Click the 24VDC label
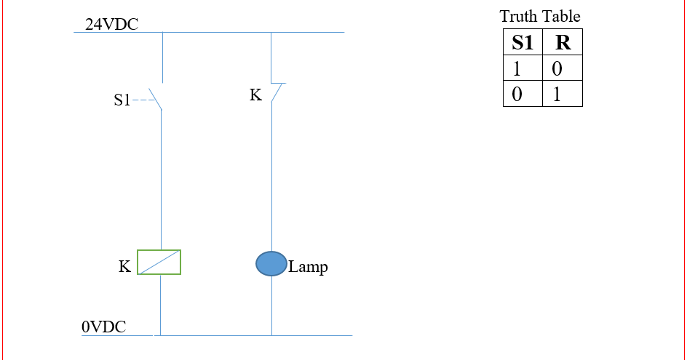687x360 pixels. tap(111, 25)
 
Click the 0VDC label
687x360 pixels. tap(103, 327)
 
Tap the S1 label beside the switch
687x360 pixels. tap(122, 101)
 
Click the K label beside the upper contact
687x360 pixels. tap(255, 95)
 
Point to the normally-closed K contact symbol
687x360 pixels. tap(275, 92)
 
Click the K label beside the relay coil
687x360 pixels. tap(124, 267)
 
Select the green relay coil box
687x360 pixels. tap(159, 263)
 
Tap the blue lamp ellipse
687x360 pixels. tap(271, 264)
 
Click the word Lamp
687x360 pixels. tap(308, 267)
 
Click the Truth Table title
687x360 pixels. tap(540, 16)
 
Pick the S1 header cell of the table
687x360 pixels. tap(523, 43)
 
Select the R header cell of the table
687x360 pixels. tap(563, 43)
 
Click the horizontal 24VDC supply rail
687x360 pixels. tap(218, 32)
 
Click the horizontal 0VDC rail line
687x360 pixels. tap(255, 335)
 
